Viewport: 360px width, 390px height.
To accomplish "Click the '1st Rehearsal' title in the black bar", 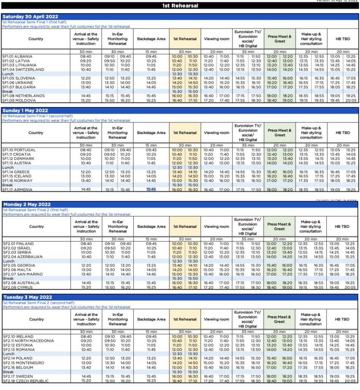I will click(x=180, y=6).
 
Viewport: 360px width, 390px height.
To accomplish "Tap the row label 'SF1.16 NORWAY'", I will click(x=18, y=181).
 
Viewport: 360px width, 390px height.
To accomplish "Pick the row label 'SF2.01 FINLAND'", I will click(x=18, y=244).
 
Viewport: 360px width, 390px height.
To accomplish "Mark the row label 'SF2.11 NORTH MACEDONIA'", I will click(x=28, y=341).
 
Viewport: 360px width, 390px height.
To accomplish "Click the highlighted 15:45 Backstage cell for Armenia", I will click(x=151, y=189).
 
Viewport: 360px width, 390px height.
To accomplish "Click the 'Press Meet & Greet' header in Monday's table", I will click(x=279, y=227).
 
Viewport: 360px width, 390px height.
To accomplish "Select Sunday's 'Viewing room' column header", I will click(x=217, y=133).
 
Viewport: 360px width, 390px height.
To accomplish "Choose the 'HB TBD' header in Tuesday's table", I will click(x=342, y=320).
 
